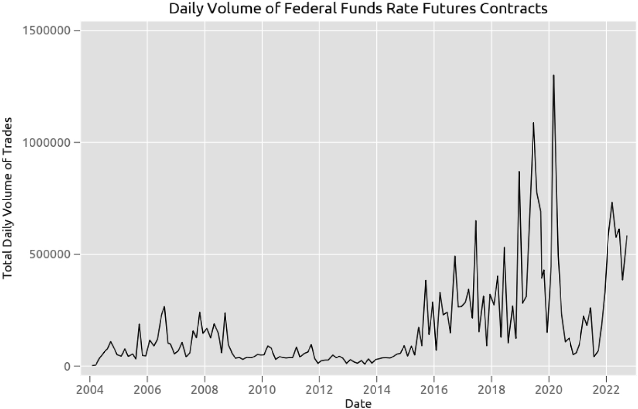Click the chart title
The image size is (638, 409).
click(358, 9)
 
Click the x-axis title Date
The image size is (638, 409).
click(357, 403)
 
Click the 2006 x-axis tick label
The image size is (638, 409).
click(147, 388)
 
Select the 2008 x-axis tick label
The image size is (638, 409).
click(205, 388)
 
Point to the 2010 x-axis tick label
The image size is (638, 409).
click(262, 388)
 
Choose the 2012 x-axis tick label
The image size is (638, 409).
click(319, 388)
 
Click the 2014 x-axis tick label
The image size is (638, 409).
click(377, 388)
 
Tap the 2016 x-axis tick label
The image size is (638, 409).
click(434, 388)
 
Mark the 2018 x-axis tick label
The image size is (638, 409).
click(491, 388)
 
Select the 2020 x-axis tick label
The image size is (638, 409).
click(549, 388)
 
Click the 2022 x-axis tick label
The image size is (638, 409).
click(606, 388)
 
